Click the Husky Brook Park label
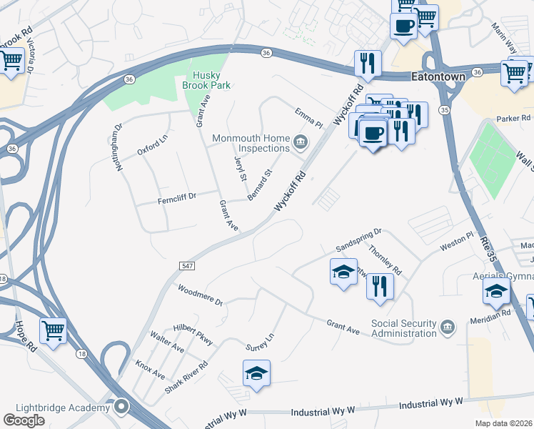click(211, 80)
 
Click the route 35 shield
click(445, 109)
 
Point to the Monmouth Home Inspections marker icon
click(301, 142)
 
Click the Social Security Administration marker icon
click(447, 327)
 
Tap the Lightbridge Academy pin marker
click(121, 407)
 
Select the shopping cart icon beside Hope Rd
click(53, 331)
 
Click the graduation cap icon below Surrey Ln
click(256, 373)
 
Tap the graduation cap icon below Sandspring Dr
click(343, 272)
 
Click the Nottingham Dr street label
click(117, 147)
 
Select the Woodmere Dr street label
click(200, 295)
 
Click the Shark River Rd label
click(186, 375)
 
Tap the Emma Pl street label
click(309, 118)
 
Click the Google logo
click(24, 420)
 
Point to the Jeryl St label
click(240, 169)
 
